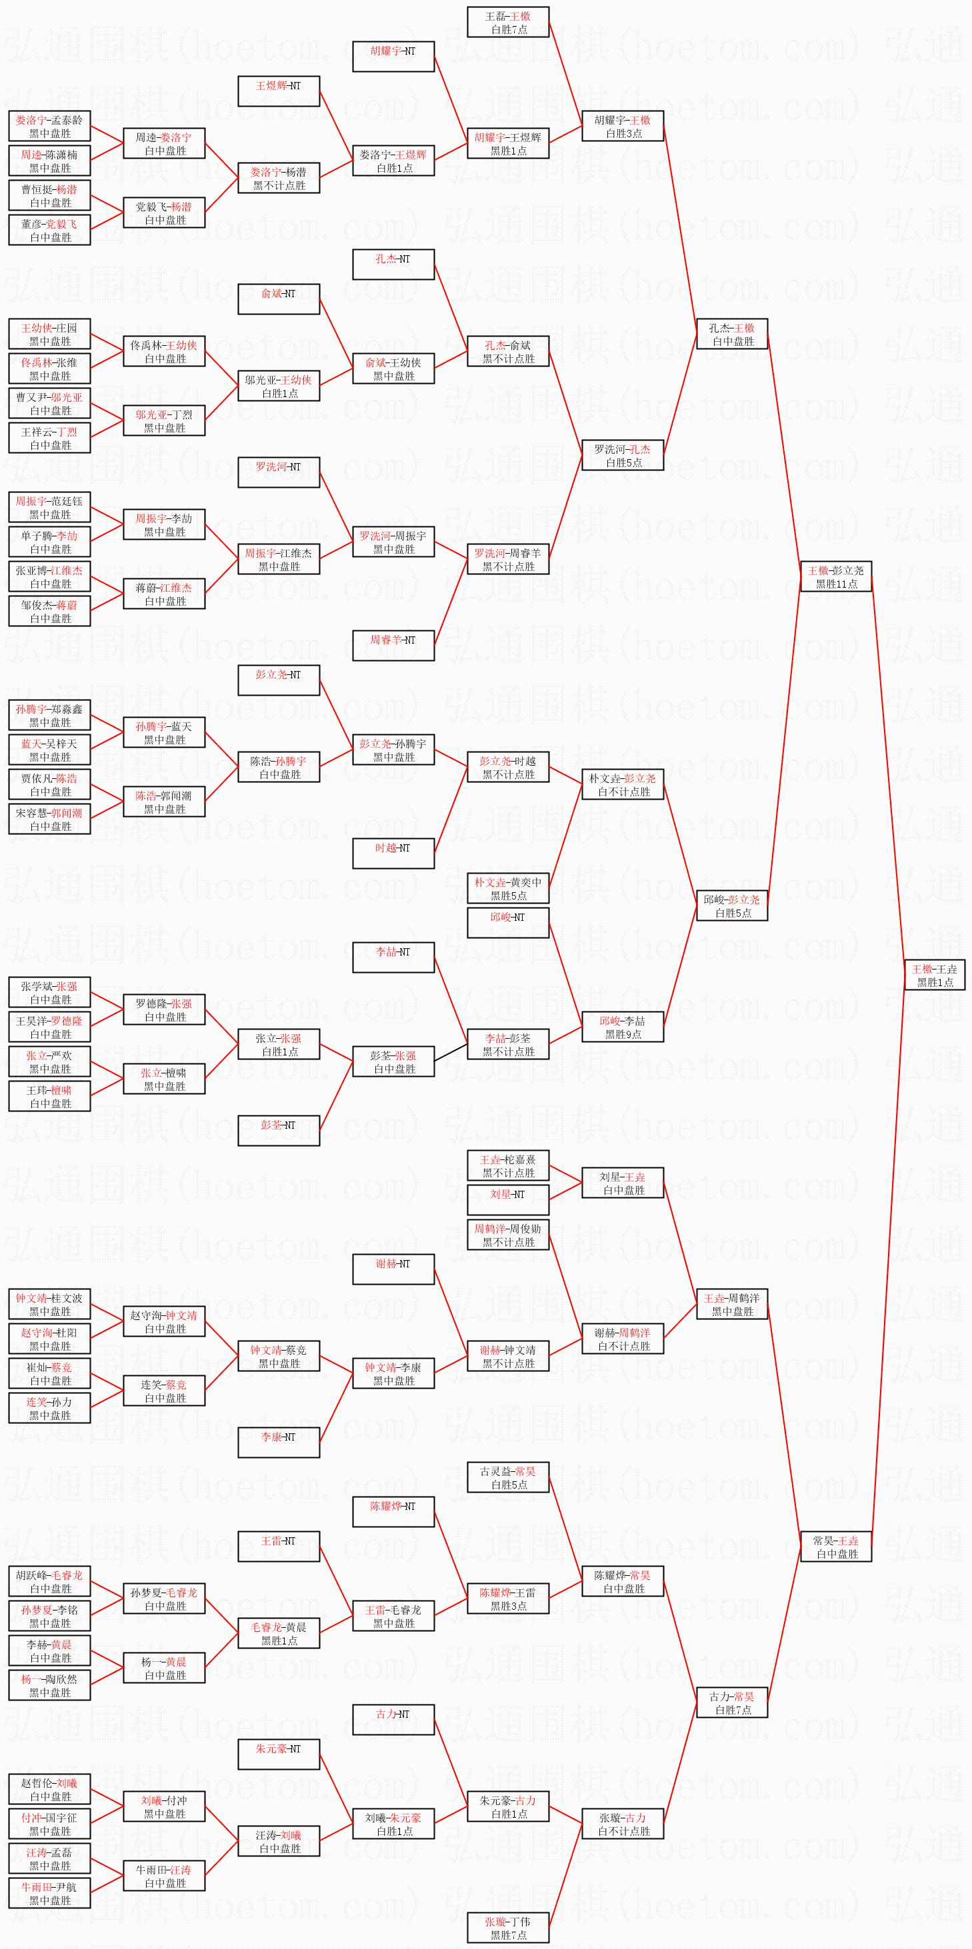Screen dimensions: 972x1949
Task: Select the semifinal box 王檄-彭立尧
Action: coord(836,576)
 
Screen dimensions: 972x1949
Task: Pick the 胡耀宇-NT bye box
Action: coord(393,57)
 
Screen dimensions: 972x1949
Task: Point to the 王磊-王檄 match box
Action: coord(508,22)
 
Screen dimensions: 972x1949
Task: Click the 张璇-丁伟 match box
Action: coord(508,1928)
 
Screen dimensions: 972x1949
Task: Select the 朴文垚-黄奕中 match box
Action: coord(508,888)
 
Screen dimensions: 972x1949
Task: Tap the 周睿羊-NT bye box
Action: coord(393,646)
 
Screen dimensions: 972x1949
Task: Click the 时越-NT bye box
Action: coord(393,854)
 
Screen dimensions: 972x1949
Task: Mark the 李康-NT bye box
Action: coord(279,1442)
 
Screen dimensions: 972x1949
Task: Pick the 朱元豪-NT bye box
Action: coord(279,1754)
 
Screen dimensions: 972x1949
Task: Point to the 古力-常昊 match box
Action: coord(732,1702)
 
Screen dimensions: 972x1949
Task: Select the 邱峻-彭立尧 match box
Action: coord(732,906)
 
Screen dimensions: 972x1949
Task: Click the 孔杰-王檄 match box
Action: coord(732,334)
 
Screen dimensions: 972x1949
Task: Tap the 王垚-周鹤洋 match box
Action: coord(732,1305)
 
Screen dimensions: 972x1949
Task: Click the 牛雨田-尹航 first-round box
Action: coord(49,1893)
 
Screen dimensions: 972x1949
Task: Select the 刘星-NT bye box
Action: coord(508,1200)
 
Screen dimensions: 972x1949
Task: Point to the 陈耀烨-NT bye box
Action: coord(393,1512)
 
